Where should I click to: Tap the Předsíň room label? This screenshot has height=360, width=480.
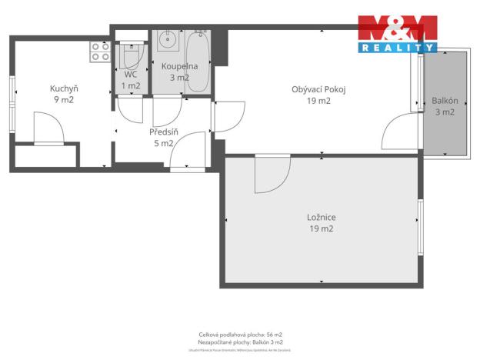pos(165,137)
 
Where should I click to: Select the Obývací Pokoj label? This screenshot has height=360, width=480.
pos(318,95)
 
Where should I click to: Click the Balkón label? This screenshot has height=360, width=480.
pos(445,106)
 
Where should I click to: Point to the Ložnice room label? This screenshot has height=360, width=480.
pos(320,222)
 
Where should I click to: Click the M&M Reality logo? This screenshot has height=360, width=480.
pos(398,34)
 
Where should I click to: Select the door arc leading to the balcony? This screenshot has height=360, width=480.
pos(400,132)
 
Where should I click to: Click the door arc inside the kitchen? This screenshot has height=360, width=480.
pos(49,128)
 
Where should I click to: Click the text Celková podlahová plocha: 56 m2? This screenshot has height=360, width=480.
pos(240,335)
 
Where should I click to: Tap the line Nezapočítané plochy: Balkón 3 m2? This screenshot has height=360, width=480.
pos(240,342)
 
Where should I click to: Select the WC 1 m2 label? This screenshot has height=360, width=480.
pos(130,80)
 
